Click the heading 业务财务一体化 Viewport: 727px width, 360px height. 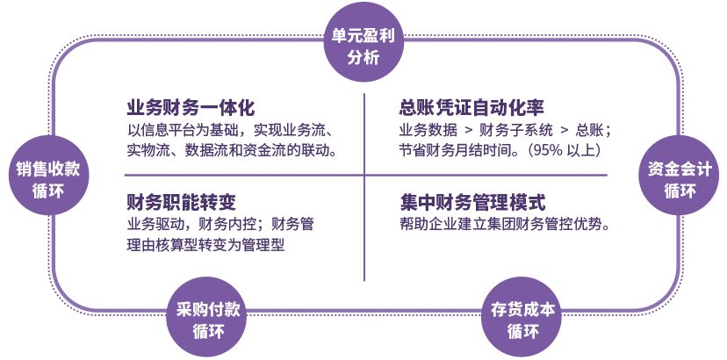coord(191,109)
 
